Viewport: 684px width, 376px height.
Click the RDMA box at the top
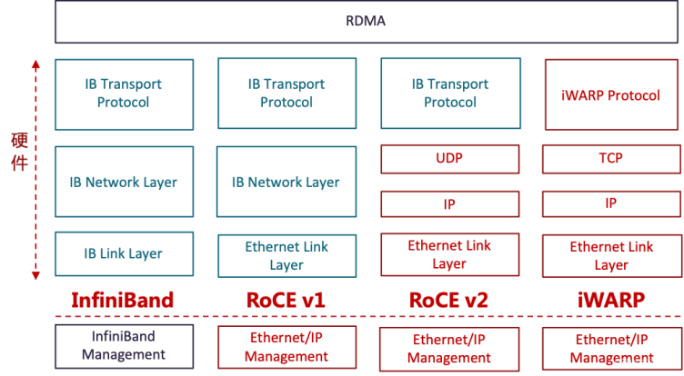(367, 22)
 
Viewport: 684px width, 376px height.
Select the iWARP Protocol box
(611, 95)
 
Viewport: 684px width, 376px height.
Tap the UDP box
(449, 159)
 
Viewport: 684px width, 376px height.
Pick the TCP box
(611, 159)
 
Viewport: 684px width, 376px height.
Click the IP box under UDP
(449, 204)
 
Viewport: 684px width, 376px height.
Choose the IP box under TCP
(611, 204)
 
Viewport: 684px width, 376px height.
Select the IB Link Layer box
(124, 253)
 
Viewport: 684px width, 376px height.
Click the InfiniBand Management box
(124, 346)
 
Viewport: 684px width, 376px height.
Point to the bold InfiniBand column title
(123, 301)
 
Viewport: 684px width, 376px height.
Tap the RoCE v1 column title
(286, 301)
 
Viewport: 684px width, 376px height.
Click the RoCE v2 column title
(448, 301)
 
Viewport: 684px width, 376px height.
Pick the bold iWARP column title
(611, 301)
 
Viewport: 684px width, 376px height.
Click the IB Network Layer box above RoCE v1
(287, 182)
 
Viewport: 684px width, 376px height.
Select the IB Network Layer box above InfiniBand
(124, 182)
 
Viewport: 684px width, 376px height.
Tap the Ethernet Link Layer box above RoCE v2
(449, 255)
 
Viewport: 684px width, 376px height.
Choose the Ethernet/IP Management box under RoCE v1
(287, 347)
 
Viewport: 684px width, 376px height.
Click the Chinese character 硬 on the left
(20, 141)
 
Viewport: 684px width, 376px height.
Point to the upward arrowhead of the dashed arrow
(35, 64)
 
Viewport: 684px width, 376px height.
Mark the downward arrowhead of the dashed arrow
(35, 275)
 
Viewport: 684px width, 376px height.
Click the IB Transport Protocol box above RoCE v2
(450, 94)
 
